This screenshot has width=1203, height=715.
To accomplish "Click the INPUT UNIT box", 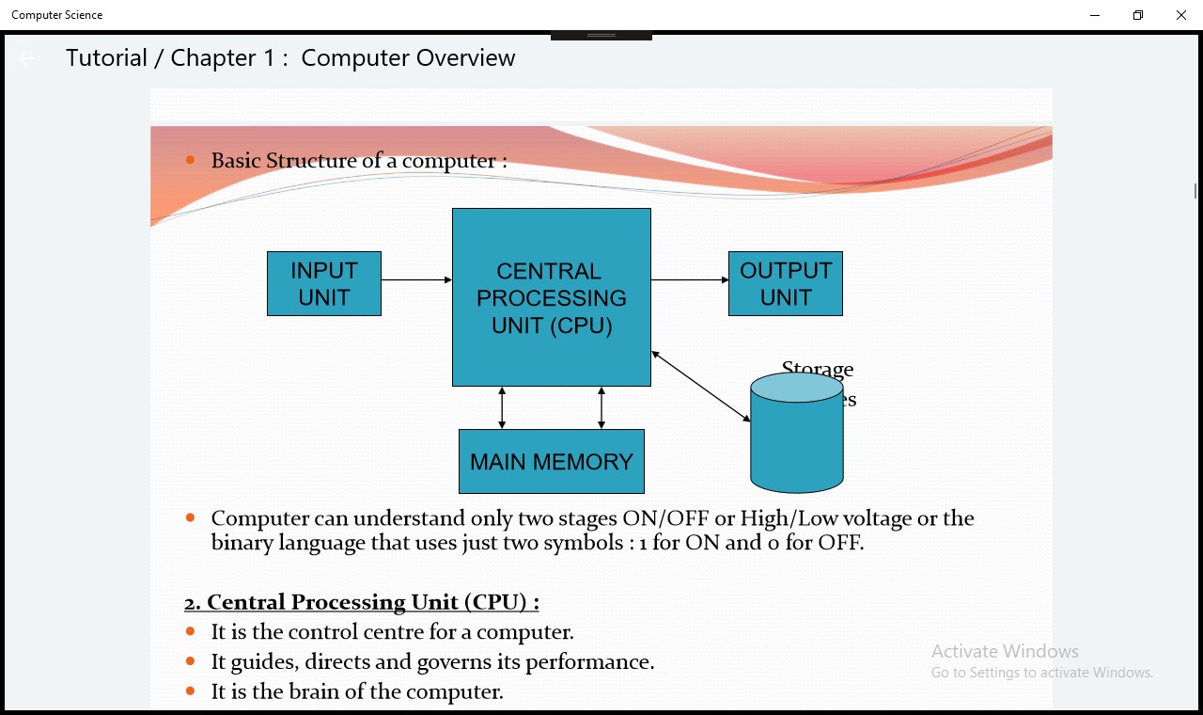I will (324, 283).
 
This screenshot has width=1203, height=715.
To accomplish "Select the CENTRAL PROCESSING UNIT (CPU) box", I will (552, 297).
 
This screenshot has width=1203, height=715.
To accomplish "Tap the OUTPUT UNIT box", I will (786, 283).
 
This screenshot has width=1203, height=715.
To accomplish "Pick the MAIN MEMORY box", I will (552, 462).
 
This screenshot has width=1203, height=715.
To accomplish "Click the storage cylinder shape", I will (797, 437).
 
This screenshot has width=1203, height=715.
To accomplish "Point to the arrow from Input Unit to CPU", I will (416, 279).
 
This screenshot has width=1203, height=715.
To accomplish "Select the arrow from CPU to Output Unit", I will (690, 279).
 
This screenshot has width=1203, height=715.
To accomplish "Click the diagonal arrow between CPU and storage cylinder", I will (700, 386).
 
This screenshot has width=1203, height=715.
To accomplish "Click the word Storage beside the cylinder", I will (818, 369).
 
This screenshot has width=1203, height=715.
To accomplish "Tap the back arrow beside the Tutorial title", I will (26, 58).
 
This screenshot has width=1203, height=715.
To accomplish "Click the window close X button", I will (1181, 15).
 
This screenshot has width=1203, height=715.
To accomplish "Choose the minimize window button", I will (1096, 15).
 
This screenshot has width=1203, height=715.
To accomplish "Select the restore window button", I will (1138, 15).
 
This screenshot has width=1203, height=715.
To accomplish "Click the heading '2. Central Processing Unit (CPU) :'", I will (362, 602).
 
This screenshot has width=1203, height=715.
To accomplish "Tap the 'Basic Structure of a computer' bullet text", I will (359, 161).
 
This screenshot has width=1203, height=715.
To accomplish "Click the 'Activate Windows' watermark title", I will (1005, 651).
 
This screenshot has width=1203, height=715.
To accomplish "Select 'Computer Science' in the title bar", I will (57, 15).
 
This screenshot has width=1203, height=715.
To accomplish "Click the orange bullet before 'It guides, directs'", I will (191, 661).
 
